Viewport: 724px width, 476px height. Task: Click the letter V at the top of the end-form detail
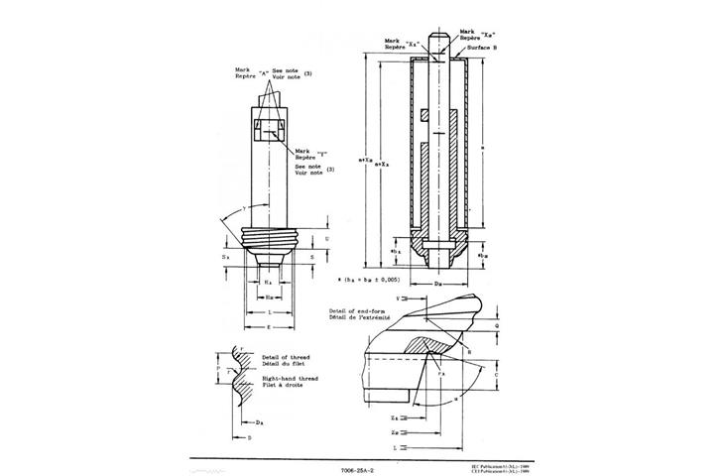coord(398,297)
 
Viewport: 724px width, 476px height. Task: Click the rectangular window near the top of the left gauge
coord(270,132)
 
